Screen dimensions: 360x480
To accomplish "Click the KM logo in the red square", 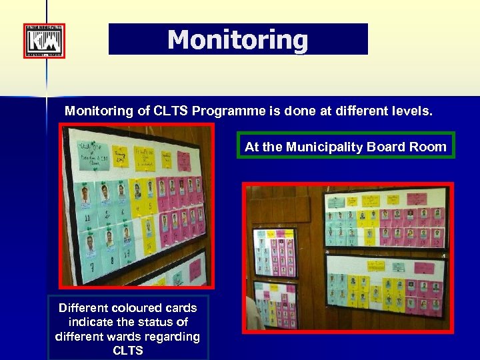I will [x=44, y=41].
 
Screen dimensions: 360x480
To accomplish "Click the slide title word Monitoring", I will [x=238, y=39].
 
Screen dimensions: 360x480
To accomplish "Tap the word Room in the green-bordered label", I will [x=431, y=147].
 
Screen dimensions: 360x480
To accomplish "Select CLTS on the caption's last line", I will [x=128, y=350].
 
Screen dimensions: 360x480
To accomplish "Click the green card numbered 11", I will [x=87, y=218].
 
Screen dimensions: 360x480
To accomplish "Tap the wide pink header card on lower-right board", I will [x=424, y=268].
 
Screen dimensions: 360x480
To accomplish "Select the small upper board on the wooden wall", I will [x=275, y=253].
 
